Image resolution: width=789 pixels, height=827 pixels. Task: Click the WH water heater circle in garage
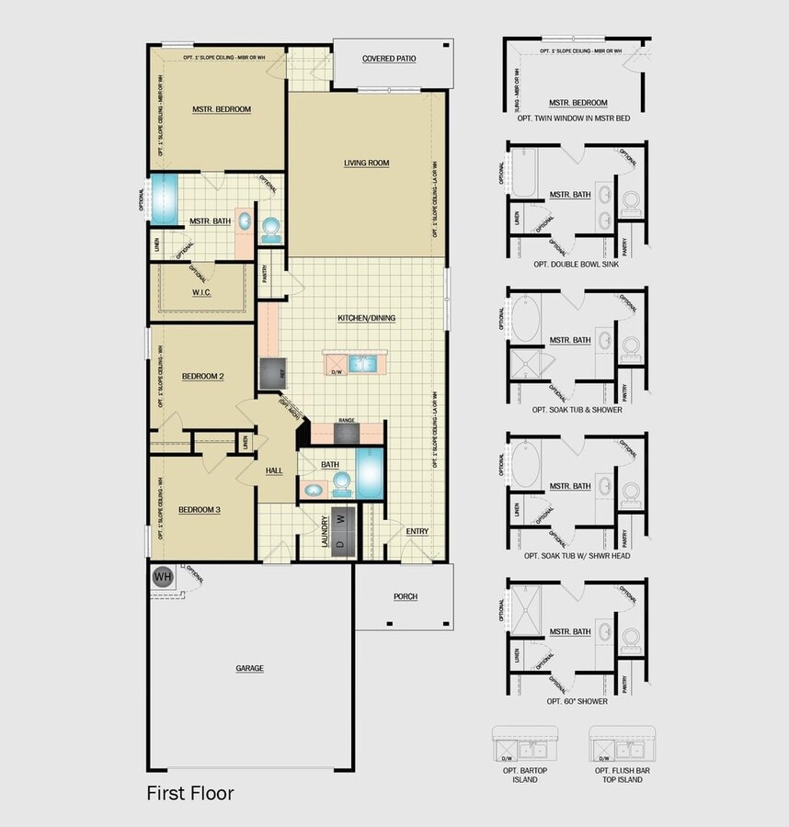(x=163, y=577)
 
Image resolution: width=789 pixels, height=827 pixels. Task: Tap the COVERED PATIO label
(x=389, y=59)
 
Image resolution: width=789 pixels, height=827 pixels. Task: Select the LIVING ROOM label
(x=366, y=164)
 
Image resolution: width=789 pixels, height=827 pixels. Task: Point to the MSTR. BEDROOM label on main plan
(x=222, y=109)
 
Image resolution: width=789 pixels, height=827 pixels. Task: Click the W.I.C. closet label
(x=202, y=293)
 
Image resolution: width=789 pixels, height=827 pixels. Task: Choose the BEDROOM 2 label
(x=203, y=377)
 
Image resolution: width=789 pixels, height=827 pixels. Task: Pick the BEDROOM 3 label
(x=200, y=510)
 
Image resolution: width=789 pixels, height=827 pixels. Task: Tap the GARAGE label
(x=249, y=668)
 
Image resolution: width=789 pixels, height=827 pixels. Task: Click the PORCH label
(x=406, y=597)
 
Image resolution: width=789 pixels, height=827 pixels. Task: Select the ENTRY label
(x=417, y=531)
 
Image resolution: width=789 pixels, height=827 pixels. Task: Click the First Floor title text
(x=190, y=793)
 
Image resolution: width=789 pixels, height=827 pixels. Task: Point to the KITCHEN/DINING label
(x=366, y=318)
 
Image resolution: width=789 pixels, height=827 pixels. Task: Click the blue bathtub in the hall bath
(x=371, y=472)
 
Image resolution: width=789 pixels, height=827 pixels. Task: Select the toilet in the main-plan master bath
(x=271, y=226)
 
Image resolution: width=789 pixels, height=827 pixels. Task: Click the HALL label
(x=274, y=470)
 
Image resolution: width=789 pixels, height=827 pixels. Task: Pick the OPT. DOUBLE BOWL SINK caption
(x=577, y=264)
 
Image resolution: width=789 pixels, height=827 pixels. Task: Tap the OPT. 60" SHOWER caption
(x=577, y=701)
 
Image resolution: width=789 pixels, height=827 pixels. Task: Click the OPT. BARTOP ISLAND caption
(x=525, y=774)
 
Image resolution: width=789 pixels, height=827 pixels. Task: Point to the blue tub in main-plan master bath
(x=166, y=199)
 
